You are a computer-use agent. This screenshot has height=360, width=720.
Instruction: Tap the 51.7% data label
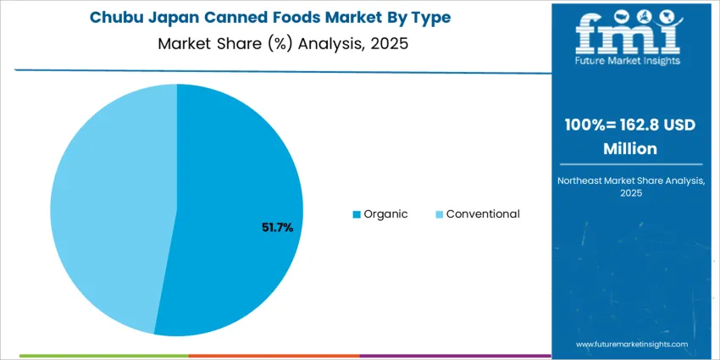click(x=276, y=227)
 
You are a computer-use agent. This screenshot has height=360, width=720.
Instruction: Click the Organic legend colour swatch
click(x=357, y=214)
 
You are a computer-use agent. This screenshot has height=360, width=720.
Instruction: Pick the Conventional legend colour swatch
click(x=439, y=214)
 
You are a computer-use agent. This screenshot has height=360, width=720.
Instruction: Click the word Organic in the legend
click(x=385, y=214)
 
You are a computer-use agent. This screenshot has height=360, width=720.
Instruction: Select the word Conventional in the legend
click(x=483, y=214)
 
